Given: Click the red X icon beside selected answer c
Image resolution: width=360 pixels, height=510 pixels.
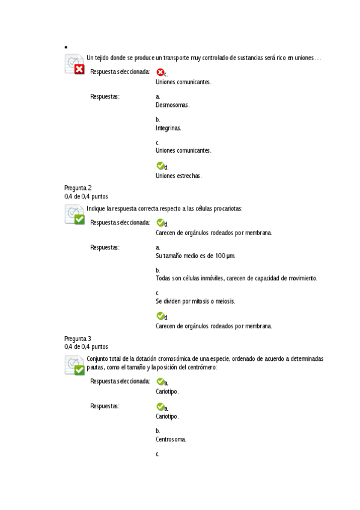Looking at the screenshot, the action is click(160, 72).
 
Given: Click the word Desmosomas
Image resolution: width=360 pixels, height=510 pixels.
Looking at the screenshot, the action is click(172, 105).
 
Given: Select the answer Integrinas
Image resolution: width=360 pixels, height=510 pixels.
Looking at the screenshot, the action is click(168, 128).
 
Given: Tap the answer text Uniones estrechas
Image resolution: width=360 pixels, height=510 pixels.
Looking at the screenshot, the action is click(178, 176).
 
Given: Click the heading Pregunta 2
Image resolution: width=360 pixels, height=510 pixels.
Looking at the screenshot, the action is click(78, 188).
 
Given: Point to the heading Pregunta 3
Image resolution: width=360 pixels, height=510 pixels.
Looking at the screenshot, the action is click(78, 338).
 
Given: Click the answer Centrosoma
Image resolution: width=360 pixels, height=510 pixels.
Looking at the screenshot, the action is click(171, 439).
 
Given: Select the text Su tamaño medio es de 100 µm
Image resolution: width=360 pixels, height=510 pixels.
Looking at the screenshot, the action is click(195, 256).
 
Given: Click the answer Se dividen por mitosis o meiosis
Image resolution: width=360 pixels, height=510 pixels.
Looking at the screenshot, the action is click(195, 301).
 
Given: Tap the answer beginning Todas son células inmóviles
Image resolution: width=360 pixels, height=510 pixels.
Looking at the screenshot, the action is click(236, 278).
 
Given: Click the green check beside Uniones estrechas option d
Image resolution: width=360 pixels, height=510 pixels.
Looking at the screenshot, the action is click(160, 165).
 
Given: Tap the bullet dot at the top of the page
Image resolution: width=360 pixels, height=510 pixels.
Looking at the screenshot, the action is click(65, 47).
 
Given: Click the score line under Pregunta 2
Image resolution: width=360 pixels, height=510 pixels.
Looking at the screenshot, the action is click(86, 196).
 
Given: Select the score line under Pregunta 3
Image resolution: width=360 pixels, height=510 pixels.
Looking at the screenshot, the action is click(86, 346).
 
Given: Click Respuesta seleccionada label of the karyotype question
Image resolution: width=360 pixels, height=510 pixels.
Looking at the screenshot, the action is click(120, 381).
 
